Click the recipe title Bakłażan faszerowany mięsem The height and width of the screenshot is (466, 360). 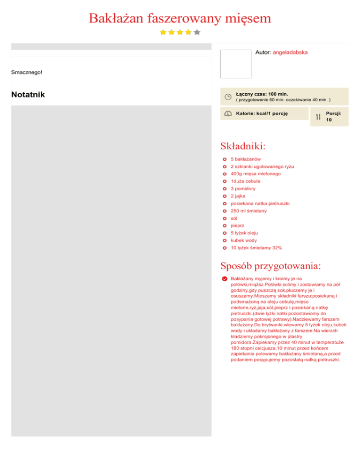click(x=180, y=19)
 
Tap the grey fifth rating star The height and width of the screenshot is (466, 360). click(x=197, y=32)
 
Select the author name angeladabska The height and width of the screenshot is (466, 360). click(x=290, y=53)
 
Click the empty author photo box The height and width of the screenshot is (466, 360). click(x=236, y=64)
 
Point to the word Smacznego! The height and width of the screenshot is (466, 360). click(x=27, y=72)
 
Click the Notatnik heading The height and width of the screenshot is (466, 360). click(x=28, y=95)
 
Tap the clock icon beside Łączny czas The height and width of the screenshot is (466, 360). click(x=228, y=97)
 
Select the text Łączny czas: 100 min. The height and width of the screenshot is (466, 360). click(x=262, y=94)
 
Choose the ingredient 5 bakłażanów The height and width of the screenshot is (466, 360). click(x=246, y=159)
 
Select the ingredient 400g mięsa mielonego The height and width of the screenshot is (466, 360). click(x=255, y=174)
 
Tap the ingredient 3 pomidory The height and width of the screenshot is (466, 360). click(x=243, y=188)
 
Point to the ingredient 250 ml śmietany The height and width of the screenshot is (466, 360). click(x=248, y=211)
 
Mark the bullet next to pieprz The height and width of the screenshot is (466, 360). click(x=225, y=225)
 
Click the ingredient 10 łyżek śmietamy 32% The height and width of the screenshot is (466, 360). click(x=256, y=248)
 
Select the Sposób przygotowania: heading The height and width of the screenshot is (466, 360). click(x=270, y=266)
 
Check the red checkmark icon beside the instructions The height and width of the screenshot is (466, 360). click(x=225, y=278)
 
